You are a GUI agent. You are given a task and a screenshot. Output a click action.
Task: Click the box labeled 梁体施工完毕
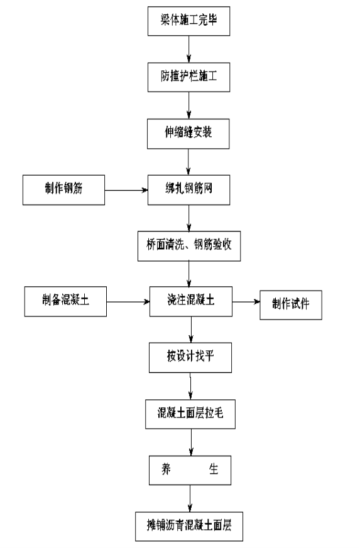click(188, 21)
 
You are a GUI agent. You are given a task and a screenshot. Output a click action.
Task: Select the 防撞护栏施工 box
click(188, 77)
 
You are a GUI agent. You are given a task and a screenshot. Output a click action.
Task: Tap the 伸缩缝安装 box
click(188, 134)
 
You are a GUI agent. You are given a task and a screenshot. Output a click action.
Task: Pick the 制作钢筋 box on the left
click(63, 190)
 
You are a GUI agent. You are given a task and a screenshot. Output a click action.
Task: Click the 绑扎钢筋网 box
click(188, 190)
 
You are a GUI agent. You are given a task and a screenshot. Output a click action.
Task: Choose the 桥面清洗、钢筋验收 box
click(189, 246)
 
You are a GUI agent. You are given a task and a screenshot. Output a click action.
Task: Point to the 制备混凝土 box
click(65, 301)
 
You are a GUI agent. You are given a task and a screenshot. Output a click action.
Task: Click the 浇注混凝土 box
click(190, 301)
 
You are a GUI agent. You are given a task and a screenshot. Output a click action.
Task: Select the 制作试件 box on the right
click(291, 304)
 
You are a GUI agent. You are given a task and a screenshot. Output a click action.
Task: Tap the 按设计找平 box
click(190, 358)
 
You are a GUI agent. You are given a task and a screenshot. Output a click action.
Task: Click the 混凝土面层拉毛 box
click(190, 414)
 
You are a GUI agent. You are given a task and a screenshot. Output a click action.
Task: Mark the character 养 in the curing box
click(166, 469)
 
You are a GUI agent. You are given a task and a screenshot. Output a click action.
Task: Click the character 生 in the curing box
click(214, 469)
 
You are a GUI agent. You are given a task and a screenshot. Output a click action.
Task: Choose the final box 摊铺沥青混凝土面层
click(189, 526)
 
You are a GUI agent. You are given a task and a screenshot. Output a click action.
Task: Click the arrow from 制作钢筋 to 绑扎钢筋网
click(126, 190)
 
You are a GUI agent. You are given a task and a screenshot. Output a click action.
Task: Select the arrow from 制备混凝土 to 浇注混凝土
click(128, 301)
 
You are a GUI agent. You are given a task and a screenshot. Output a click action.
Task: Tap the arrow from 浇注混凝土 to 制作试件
click(246, 301)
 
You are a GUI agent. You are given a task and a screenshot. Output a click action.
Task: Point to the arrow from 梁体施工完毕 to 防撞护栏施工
click(189, 50)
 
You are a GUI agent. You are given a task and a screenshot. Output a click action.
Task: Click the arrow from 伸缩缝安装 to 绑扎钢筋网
click(188, 162)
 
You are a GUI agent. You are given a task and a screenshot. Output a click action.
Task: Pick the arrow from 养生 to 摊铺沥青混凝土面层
click(190, 498)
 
